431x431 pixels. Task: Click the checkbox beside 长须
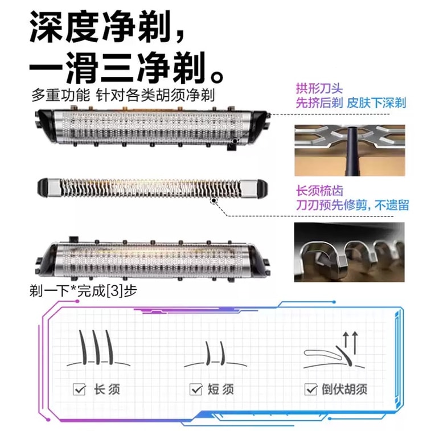pyautogui.click(x=79, y=389)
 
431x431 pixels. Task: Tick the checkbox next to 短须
pyautogui.click(x=196, y=389)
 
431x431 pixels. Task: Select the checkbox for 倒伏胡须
pyautogui.click(x=311, y=389)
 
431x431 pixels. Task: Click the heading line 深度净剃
pyautogui.click(x=106, y=27)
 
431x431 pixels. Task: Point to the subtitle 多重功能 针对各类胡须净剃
pyautogui.click(x=123, y=96)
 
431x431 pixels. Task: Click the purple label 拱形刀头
pyautogui.click(x=319, y=88)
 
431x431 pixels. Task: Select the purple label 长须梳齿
pyautogui.click(x=319, y=191)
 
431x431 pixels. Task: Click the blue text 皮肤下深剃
pyautogui.click(x=376, y=103)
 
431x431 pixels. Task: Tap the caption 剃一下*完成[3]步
pyautogui.click(x=83, y=291)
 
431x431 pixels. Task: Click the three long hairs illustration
pyautogui.click(x=98, y=348)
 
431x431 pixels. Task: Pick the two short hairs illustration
pyautogui.click(x=215, y=354)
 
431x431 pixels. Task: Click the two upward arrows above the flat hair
pyautogui.click(x=350, y=343)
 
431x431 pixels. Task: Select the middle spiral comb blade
pyautogui.click(x=152, y=188)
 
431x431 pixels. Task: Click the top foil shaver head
pyautogui.click(x=153, y=128)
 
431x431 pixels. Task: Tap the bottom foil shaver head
pyautogui.click(x=153, y=259)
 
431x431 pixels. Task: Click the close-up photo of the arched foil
pyautogui.click(x=350, y=150)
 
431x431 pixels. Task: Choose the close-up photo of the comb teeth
pyautogui.click(x=350, y=252)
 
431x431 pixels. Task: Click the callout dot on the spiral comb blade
pyautogui.click(x=214, y=201)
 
